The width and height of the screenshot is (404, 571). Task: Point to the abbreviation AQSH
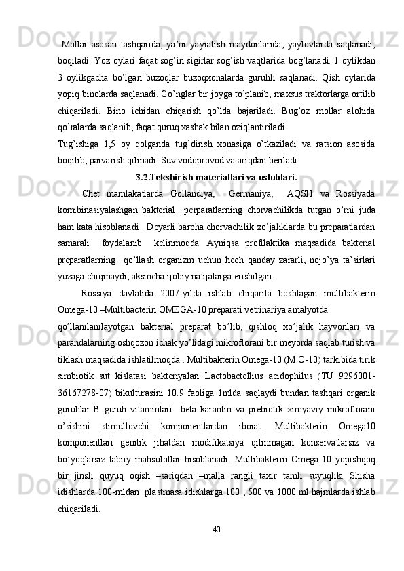pos(301,195)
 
